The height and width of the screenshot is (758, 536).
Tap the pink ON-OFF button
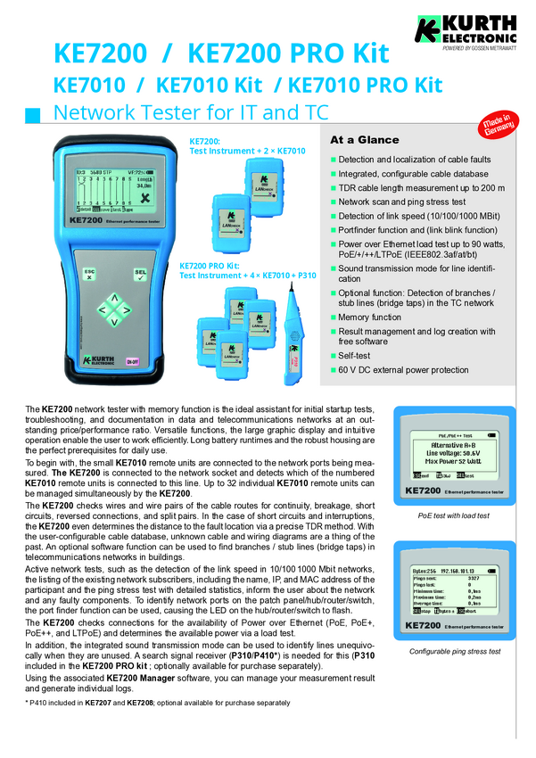coord(132,361)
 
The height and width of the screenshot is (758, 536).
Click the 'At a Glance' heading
coord(365,140)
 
